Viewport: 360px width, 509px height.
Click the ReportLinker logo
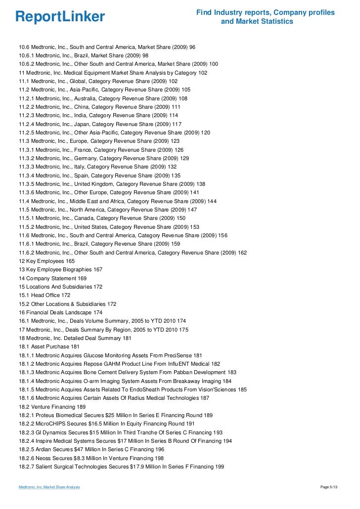[60, 17]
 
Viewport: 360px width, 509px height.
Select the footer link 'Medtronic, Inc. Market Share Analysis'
[49, 488]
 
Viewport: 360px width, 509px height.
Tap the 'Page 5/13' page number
[331, 488]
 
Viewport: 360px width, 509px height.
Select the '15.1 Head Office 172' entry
[45, 295]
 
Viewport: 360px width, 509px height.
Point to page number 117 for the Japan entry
[177, 124]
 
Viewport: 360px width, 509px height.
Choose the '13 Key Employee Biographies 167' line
[61, 269]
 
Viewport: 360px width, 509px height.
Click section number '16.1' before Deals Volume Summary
[24, 321]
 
